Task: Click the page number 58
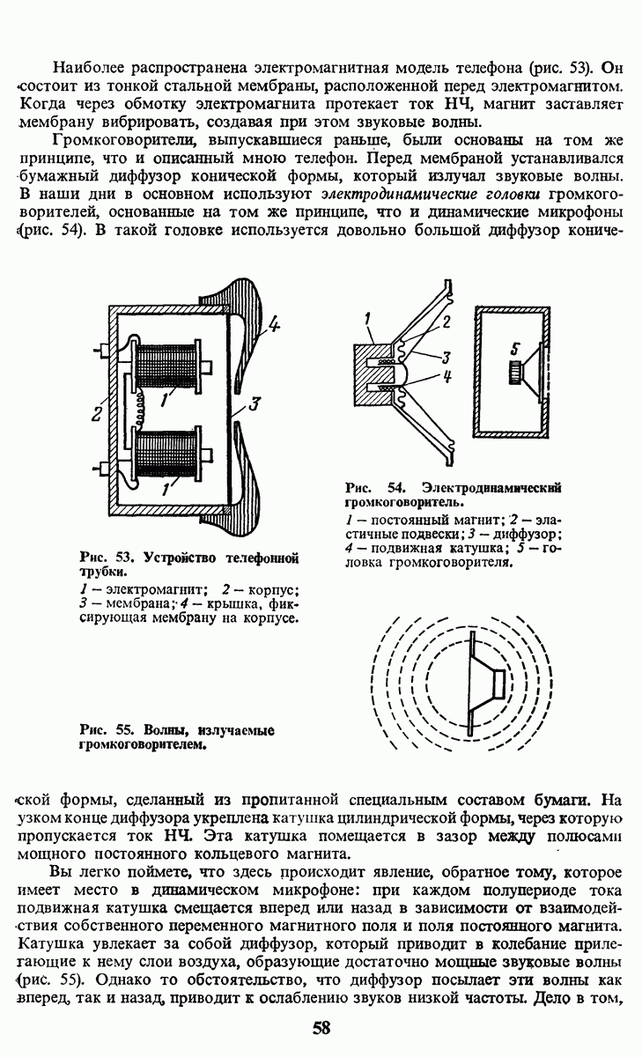pos(321,1028)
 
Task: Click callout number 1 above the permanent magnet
pos(366,316)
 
